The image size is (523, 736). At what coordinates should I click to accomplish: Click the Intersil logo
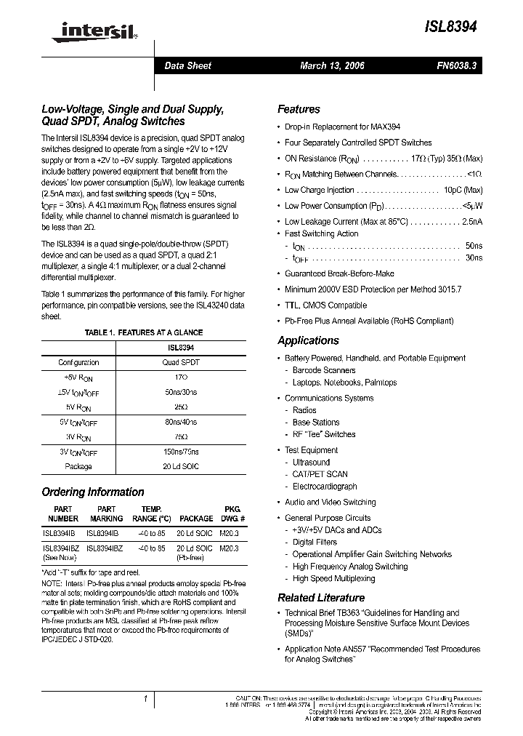click(82, 30)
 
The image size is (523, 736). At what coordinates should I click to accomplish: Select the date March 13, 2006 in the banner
click(332, 65)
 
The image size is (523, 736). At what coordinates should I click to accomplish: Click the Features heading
click(299, 109)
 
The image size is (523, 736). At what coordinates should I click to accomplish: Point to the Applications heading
click(308, 340)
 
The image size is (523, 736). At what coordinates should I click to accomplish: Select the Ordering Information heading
click(93, 492)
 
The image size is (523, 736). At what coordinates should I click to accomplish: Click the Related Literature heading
click(320, 598)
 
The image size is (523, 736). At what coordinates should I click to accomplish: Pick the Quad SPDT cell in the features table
click(180, 362)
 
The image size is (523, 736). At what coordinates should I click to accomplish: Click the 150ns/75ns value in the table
click(180, 452)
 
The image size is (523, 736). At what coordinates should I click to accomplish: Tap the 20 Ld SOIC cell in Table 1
click(180, 467)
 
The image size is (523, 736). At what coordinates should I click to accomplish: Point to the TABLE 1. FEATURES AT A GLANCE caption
click(143, 332)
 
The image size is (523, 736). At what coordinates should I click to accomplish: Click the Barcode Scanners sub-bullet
click(324, 370)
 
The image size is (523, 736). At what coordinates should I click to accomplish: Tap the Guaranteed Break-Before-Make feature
click(339, 273)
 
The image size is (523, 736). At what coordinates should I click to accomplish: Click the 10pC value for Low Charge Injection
click(469, 190)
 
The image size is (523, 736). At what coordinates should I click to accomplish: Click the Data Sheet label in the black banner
click(187, 65)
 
